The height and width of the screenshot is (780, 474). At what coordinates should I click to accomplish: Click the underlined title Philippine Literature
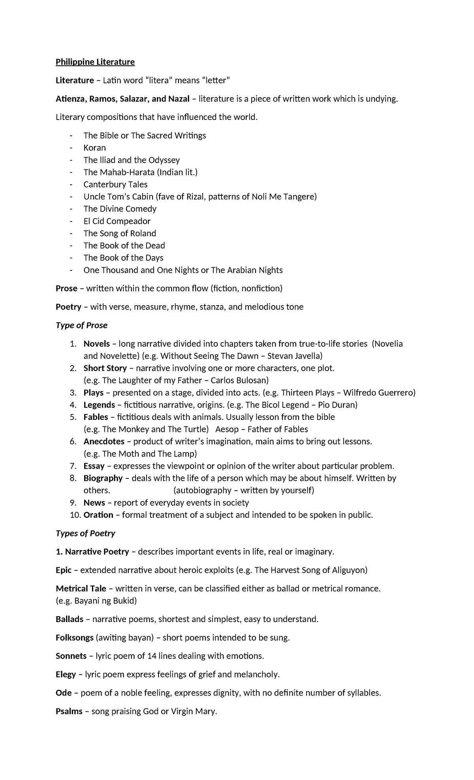point(95,62)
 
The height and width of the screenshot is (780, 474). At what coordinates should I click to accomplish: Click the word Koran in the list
point(95,148)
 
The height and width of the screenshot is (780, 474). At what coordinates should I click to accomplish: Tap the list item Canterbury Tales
point(115,184)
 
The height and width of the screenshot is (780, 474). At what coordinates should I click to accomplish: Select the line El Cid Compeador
point(117,221)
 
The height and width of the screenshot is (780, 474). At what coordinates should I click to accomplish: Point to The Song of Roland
point(120,233)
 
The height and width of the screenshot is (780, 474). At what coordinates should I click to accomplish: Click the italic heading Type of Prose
point(81,325)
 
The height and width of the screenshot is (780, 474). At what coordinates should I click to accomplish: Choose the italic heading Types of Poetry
point(85,533)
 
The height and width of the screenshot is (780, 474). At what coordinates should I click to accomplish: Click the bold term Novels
point(96,344)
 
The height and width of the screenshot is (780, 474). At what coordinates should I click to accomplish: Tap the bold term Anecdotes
point(104,441)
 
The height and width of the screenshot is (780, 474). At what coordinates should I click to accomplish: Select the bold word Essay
point(94,466)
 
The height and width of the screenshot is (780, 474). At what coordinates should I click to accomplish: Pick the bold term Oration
point(98,515)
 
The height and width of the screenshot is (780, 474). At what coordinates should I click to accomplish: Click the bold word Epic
point(64,570)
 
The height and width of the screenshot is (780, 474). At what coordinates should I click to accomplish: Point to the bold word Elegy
point(66,674)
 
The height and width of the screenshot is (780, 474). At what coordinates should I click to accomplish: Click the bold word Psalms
point(69,711)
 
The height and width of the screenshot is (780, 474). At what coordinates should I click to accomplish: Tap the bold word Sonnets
point(71,656)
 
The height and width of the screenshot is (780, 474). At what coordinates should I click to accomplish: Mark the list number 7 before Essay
point(73,466)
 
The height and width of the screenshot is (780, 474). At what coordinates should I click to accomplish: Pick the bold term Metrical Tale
point(81,589)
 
